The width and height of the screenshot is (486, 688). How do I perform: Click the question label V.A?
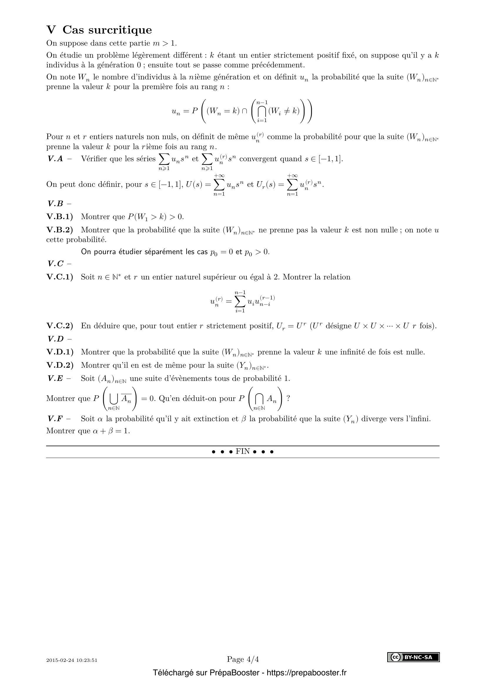point(55,159)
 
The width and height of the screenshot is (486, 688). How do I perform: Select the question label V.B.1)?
point(60,216)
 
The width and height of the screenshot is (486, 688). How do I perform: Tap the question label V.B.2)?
point(60,230)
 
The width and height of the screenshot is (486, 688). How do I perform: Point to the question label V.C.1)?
point(60,277)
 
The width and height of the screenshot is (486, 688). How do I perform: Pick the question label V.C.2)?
point(60,326)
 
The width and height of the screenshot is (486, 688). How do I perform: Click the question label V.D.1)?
point(60,352)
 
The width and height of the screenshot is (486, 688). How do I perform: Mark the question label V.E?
point(55,379)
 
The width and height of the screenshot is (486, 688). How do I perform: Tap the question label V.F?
point(55,419)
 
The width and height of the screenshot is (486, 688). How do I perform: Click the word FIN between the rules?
point(243,452)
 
